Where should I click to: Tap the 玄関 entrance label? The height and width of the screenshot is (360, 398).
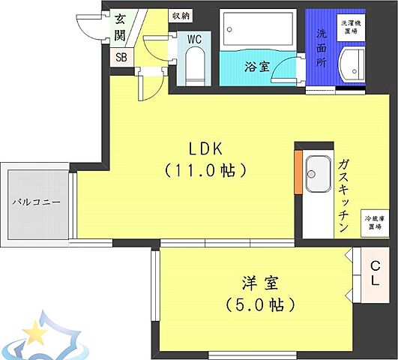[120, 26]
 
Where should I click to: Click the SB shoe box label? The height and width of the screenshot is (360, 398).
[121, 57]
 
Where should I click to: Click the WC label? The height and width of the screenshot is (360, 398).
[193, 38]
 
